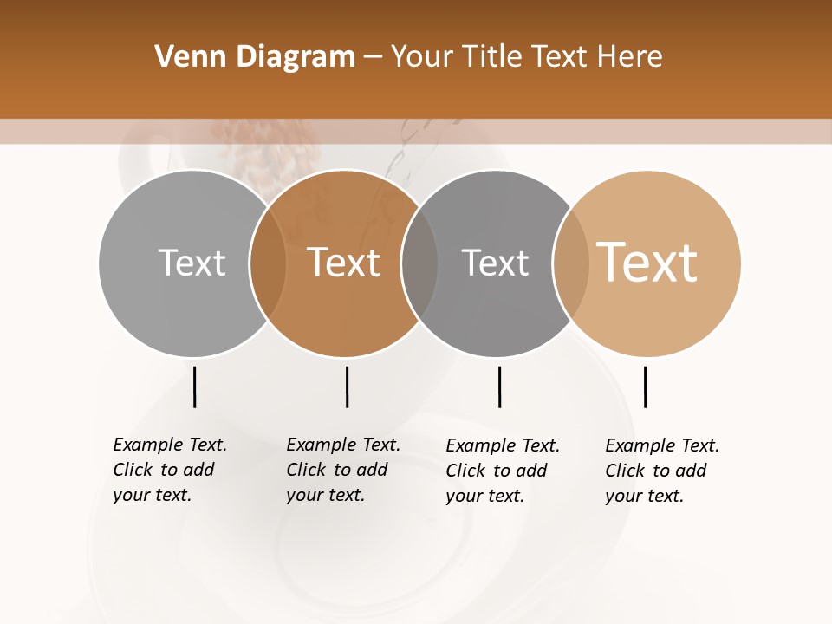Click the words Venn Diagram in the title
point(255,57)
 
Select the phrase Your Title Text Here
point(526,57)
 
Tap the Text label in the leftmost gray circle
point(192,263)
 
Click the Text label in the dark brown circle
point(343,263)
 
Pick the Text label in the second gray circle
point(495,263)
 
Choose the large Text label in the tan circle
point(647,263)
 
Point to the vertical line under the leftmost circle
point(194,387)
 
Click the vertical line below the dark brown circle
point(347,387)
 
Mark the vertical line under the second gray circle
point(499,387)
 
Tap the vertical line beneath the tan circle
point(645,387)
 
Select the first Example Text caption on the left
point(170,470)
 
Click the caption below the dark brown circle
point(343,470)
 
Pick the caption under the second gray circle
point(503,471)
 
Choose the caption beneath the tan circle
point(662,471)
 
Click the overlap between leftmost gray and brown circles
point(268,263)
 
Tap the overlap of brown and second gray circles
point(419,263)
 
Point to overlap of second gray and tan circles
point(571,263)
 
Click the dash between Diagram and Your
point(373,57)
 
